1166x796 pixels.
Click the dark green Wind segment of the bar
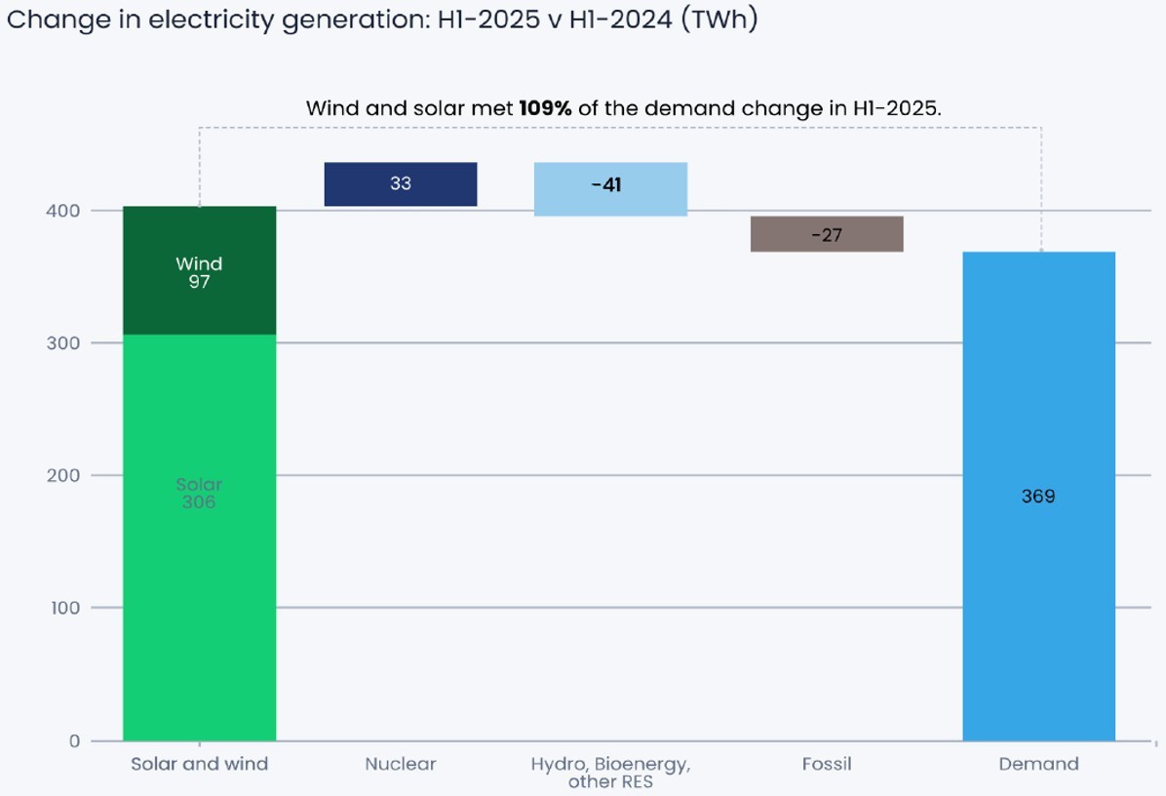(x=199, y=270)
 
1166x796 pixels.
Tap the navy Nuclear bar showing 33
(x=400, y=184)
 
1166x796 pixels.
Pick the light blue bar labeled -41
(x=610, y=188)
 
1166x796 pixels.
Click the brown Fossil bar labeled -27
(x=826, y=234)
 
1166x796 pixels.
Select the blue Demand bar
(x=1038, y=585)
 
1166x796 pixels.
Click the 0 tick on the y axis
(x=74, y=741)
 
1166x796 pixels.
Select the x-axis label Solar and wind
(x=199, y=765)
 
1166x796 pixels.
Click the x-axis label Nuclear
(x=400, y=765)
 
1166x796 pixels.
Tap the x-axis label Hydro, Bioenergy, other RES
(x=610, y=773)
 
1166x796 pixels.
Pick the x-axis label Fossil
(x=826, y=765)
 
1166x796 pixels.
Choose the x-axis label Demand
(x=1038, y=765)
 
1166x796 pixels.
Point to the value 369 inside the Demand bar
(x=1038, y=497)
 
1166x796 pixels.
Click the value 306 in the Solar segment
(x=199, y=503)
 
